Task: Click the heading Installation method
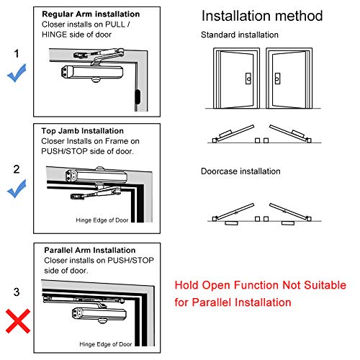pyautogui.click(x=262, y=17)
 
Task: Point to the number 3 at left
pyautogui.click(x=17, y=293)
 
